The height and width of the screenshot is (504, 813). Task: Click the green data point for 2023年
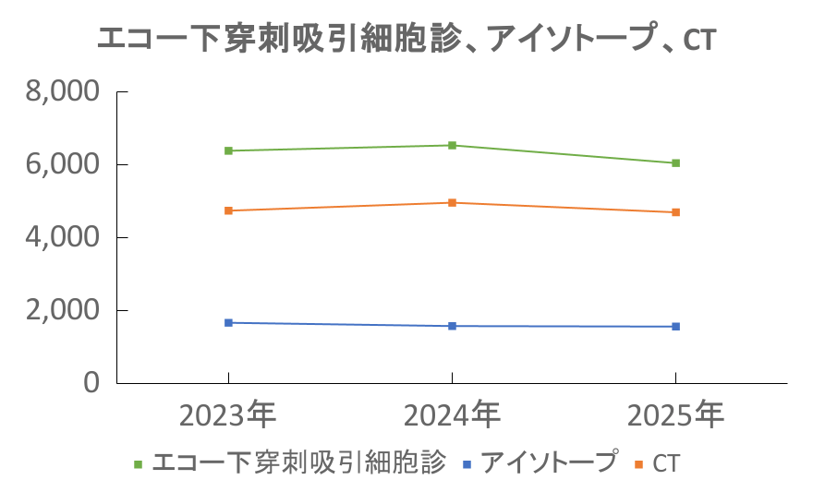228,150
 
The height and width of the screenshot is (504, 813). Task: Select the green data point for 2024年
452,145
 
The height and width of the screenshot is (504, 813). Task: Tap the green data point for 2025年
676,163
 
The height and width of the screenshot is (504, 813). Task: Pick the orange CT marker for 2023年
228,210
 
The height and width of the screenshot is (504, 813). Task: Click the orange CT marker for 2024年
452,202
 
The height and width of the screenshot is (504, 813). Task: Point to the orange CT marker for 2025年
676,212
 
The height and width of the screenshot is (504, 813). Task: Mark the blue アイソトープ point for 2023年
228,322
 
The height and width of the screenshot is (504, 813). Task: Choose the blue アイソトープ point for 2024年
452,326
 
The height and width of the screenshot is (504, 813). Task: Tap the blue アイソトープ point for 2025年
676,326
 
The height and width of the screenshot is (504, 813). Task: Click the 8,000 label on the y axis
63,92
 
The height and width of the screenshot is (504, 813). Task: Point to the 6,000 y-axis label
63,165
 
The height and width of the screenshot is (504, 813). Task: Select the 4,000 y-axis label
63,237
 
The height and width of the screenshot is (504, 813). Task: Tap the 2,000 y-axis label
63,310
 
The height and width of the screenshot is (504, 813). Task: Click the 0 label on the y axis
90,382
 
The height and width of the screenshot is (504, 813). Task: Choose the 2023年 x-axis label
228,414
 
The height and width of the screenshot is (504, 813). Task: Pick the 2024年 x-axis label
452,414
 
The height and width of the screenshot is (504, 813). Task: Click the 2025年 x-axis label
676,414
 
